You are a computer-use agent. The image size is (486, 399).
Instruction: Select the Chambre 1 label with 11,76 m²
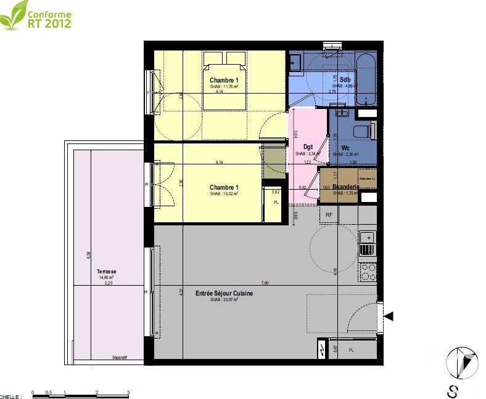223,81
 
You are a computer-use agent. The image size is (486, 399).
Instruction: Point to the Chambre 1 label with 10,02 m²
223,187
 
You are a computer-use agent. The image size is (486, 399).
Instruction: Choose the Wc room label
345,148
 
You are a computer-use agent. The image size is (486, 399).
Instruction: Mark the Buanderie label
345,187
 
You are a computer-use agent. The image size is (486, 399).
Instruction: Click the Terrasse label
106,272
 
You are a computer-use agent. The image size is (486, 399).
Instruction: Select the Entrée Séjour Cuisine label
224,294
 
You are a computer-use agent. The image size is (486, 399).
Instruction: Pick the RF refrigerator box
329,214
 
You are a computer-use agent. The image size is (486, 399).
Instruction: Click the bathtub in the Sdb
365,80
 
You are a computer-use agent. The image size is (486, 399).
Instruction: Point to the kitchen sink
367,241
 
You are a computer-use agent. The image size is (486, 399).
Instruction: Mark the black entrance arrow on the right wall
389,316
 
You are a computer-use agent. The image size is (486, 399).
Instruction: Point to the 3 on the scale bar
128,392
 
